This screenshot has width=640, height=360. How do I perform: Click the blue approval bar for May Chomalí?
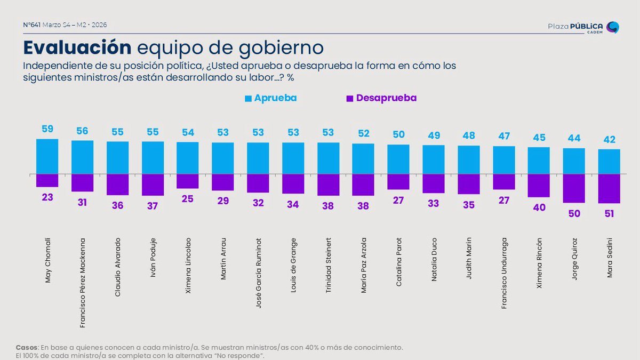47,156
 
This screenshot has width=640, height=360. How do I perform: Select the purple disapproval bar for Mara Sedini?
609,189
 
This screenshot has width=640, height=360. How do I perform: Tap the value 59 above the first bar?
47,130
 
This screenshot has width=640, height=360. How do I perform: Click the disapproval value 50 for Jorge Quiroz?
574,213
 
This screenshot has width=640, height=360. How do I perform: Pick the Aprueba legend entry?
270,98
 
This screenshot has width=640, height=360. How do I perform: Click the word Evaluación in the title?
77,47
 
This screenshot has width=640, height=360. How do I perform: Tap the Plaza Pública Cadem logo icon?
613,27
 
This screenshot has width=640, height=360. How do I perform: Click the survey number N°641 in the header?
33,25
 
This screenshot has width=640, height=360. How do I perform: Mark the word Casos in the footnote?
26,347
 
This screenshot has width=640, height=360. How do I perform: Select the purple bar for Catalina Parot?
398,182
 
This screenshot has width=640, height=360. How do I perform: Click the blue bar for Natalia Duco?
434,159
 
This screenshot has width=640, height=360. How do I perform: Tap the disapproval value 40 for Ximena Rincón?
539,207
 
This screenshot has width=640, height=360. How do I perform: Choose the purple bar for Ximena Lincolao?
188,181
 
